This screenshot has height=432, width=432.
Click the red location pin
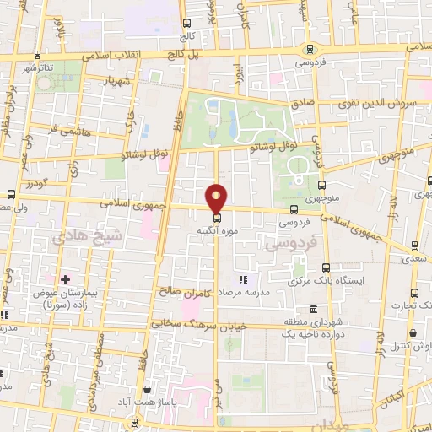[x=217, y=197]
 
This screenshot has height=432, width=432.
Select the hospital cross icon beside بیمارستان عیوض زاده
[x=65, y=278]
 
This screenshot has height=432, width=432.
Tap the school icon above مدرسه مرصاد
[x=243, y=279]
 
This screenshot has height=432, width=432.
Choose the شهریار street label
[x=118, y=82]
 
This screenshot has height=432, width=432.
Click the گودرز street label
[x=38, y=183]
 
